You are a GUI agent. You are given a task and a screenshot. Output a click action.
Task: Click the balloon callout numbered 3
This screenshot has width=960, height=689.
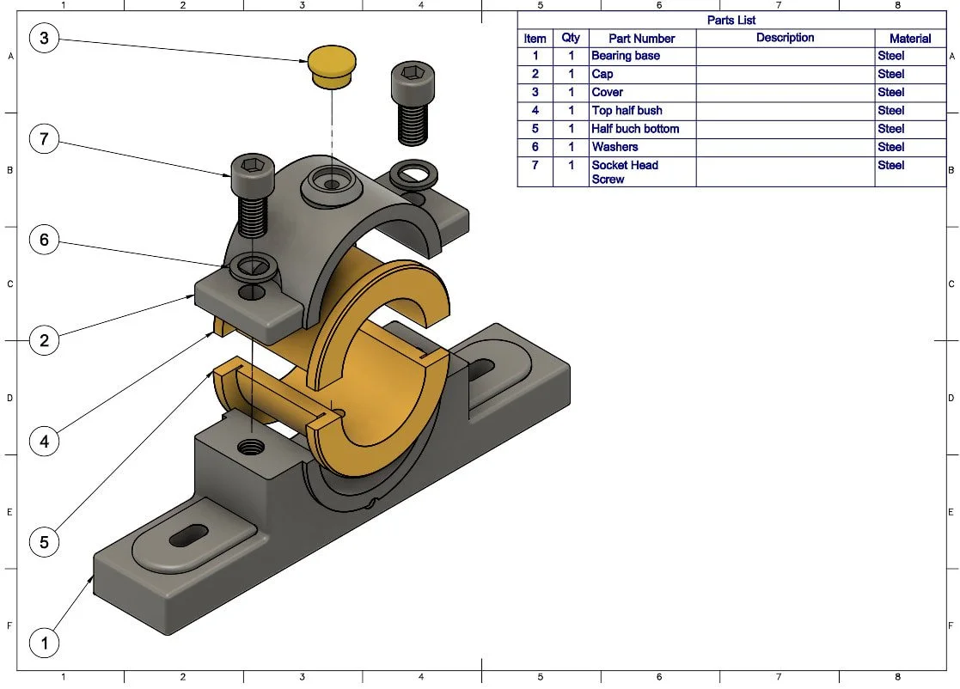[x=45, y=38]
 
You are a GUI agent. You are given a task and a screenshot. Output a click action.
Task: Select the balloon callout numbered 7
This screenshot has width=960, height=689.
[x=45, y=139]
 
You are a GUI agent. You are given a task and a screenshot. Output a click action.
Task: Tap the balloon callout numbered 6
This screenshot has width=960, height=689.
[x=45, y=240]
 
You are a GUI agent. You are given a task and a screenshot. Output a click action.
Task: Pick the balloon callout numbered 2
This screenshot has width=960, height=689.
[x=45, y=340]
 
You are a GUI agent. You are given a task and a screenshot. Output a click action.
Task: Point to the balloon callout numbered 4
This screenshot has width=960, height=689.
[x=45, y=442]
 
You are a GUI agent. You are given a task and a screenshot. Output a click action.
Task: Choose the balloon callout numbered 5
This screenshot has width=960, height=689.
[x=45, y=542]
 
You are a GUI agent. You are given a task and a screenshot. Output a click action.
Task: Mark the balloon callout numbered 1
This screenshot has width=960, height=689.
[x=45, y=643]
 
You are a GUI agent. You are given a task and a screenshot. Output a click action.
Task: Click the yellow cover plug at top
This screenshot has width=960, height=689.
[x=331, y=67]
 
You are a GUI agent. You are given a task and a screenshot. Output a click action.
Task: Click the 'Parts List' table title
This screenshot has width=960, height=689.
[x=731, y=20]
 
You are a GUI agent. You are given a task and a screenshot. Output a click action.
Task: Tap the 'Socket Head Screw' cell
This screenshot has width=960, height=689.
[x=641, y=172]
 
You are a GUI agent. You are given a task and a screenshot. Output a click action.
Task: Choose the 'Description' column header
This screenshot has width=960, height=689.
[x=785, y=38]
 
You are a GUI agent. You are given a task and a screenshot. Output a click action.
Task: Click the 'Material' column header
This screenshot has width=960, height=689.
[x=910, y=38]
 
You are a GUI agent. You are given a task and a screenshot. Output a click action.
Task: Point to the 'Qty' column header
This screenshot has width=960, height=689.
[x=571, y=38]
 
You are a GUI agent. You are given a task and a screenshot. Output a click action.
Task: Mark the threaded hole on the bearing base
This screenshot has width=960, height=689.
[x=252, y=446]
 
